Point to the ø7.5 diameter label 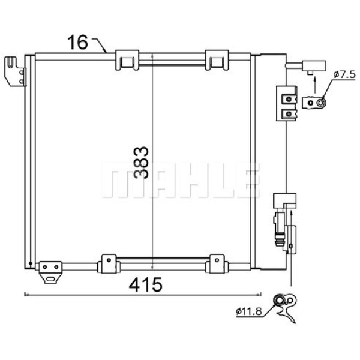click(344, 74)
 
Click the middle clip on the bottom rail click(109, 265)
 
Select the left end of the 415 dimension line click(25, 294)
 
